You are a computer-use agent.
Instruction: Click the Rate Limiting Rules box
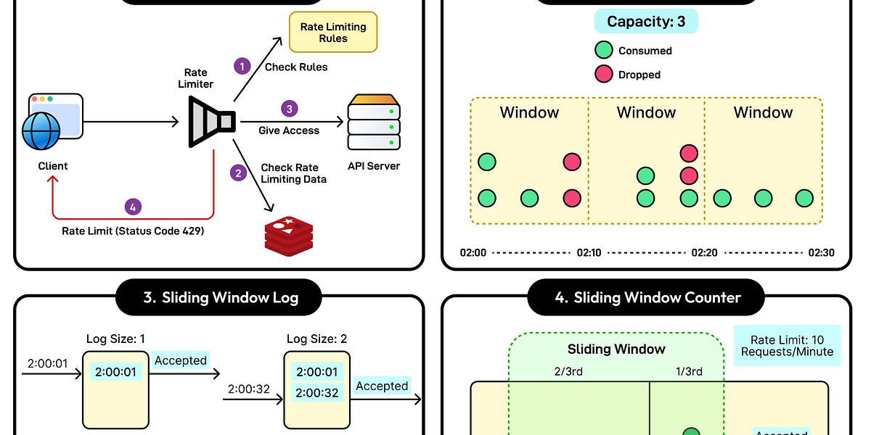(333, 33)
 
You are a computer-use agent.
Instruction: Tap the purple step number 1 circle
(242, 67)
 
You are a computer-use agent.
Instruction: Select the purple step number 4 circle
(131, 207)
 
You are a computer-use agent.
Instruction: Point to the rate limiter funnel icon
(211, 122)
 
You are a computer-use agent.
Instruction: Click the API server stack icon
(374, 123)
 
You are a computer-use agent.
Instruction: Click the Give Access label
(289, 130)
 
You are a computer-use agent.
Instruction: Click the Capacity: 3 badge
(646, 22)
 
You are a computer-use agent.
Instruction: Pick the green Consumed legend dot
(603, 51)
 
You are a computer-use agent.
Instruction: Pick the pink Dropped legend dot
(603, 74)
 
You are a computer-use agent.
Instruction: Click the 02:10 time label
(588, 253)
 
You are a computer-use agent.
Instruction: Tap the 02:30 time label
(821, 253)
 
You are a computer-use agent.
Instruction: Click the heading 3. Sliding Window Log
(220, 297)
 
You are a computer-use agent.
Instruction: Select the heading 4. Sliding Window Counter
(646, 297)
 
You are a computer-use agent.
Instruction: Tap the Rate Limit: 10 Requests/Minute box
(787, 345)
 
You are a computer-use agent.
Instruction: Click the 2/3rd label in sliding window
(568, 371)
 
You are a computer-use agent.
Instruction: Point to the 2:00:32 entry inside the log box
(316, 394)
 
